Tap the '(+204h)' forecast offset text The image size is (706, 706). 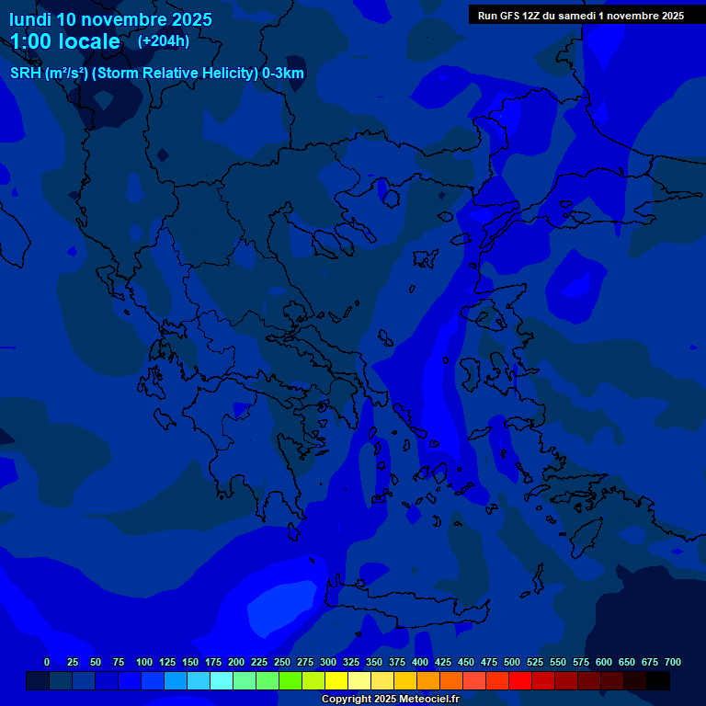pyautogui.click(x=164, y=41)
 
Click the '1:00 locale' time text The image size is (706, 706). pyautogui.click(x=65, y=41)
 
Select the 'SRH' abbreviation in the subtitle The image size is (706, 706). pyautogui.click(x=25, y=74)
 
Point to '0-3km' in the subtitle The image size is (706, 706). pyautogui.click(x=283, y=74)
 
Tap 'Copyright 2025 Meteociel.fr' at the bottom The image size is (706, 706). pyautogui.click(x=390, y=699)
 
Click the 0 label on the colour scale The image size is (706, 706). pyautogui.click(x=47, y=662)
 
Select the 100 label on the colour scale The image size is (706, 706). pyautogui.click(x=143, y=662)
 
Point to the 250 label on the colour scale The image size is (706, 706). pyautogui.click(x=281, y=662)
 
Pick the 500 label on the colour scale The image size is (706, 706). pyautogui.click(x=512, y=662)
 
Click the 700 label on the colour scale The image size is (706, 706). pyautogui.click(x=672, y=662)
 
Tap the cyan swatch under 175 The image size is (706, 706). pyautogui.click(x=222, y=680)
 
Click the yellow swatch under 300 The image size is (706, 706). pyautogui.click(x=336, y=680)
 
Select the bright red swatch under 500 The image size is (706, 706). pyautogui.click(x=520, y=680)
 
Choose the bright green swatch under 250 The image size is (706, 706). pyautogui.click(x=290, y=680)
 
